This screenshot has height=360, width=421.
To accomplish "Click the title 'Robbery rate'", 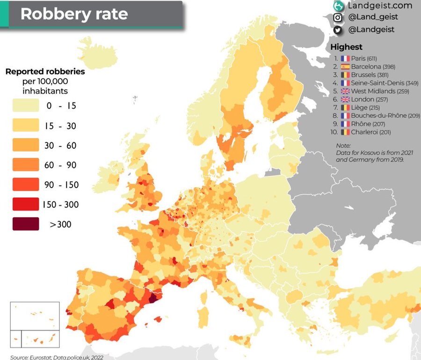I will [74, 14].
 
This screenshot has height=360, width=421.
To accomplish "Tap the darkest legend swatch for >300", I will [26, 224].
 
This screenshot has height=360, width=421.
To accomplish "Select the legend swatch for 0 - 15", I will [26, 106].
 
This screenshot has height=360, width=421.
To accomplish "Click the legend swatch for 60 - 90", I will [26, 165].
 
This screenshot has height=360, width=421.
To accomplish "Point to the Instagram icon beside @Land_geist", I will [337, 18].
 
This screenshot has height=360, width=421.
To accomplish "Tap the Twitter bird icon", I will [337, 29].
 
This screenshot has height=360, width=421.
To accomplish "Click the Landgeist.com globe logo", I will [338, 6].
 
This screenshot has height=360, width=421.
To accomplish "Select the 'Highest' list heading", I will [346, 47].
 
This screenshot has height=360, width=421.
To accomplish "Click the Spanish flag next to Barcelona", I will [346, 66].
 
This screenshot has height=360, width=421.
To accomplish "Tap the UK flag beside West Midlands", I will [346, 91].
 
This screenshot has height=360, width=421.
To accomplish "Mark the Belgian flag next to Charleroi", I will [346, 132].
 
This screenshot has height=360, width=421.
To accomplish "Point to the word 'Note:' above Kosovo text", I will [343, 146].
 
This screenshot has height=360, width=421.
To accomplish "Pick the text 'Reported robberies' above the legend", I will [45, 72].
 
